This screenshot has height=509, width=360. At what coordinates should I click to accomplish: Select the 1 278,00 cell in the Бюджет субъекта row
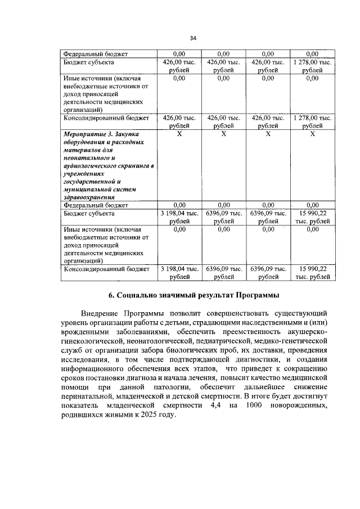pos(312,66)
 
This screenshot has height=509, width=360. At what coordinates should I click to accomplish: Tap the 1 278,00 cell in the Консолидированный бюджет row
pos(312,122)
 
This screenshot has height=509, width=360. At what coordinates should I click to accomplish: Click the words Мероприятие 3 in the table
pos(85,135)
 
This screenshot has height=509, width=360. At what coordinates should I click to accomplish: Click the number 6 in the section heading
pos(111,295)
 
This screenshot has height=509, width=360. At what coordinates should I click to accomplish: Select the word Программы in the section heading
pos(251,295)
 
